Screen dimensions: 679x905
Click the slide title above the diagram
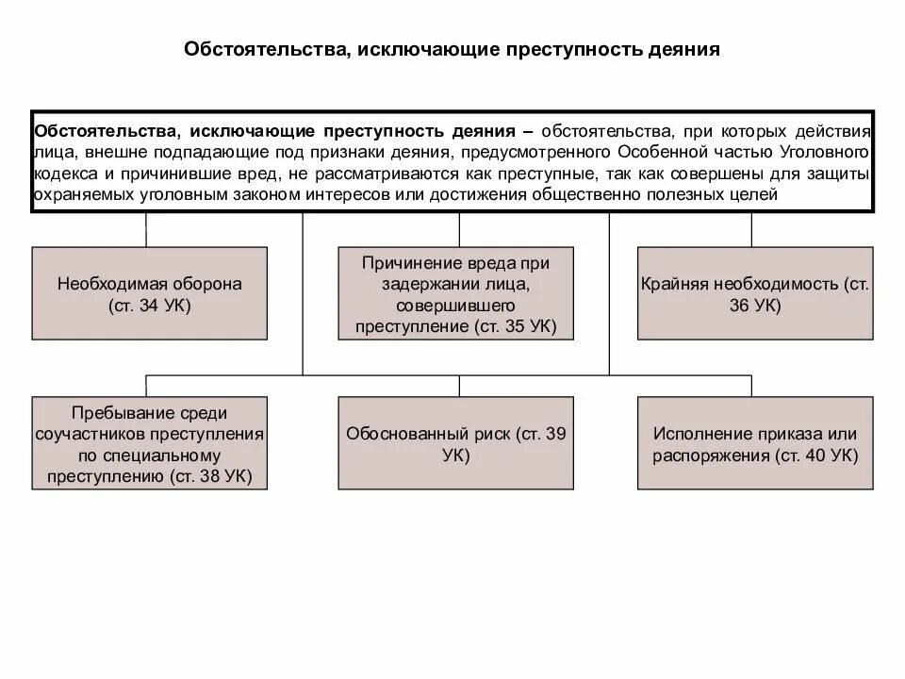[452, 48]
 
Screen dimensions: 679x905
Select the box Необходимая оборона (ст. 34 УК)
[150, 292]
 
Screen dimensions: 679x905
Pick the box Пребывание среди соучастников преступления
[150, 443]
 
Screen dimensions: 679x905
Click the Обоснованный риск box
[456, 443]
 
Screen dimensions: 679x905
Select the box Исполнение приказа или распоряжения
[754, 443]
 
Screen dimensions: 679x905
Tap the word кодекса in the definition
[63, 174]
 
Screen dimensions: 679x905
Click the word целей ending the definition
[753, 195]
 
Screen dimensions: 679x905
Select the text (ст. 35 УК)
[515, 326]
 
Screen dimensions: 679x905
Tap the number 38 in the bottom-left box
[210, 476]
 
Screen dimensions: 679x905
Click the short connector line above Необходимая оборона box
[146, 230]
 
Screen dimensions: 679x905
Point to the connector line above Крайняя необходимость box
[751, 230]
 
